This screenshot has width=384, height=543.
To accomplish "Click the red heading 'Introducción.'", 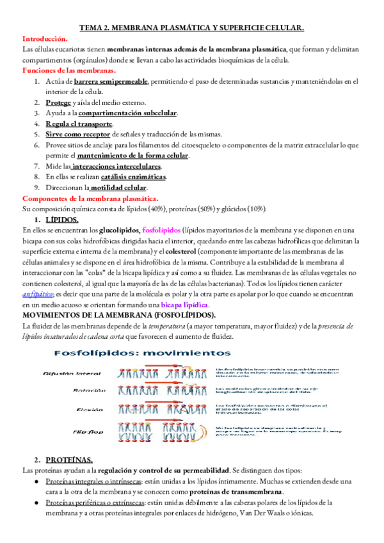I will coord(45,38).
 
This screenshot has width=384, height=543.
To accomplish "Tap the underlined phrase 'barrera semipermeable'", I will coord(111,81).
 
